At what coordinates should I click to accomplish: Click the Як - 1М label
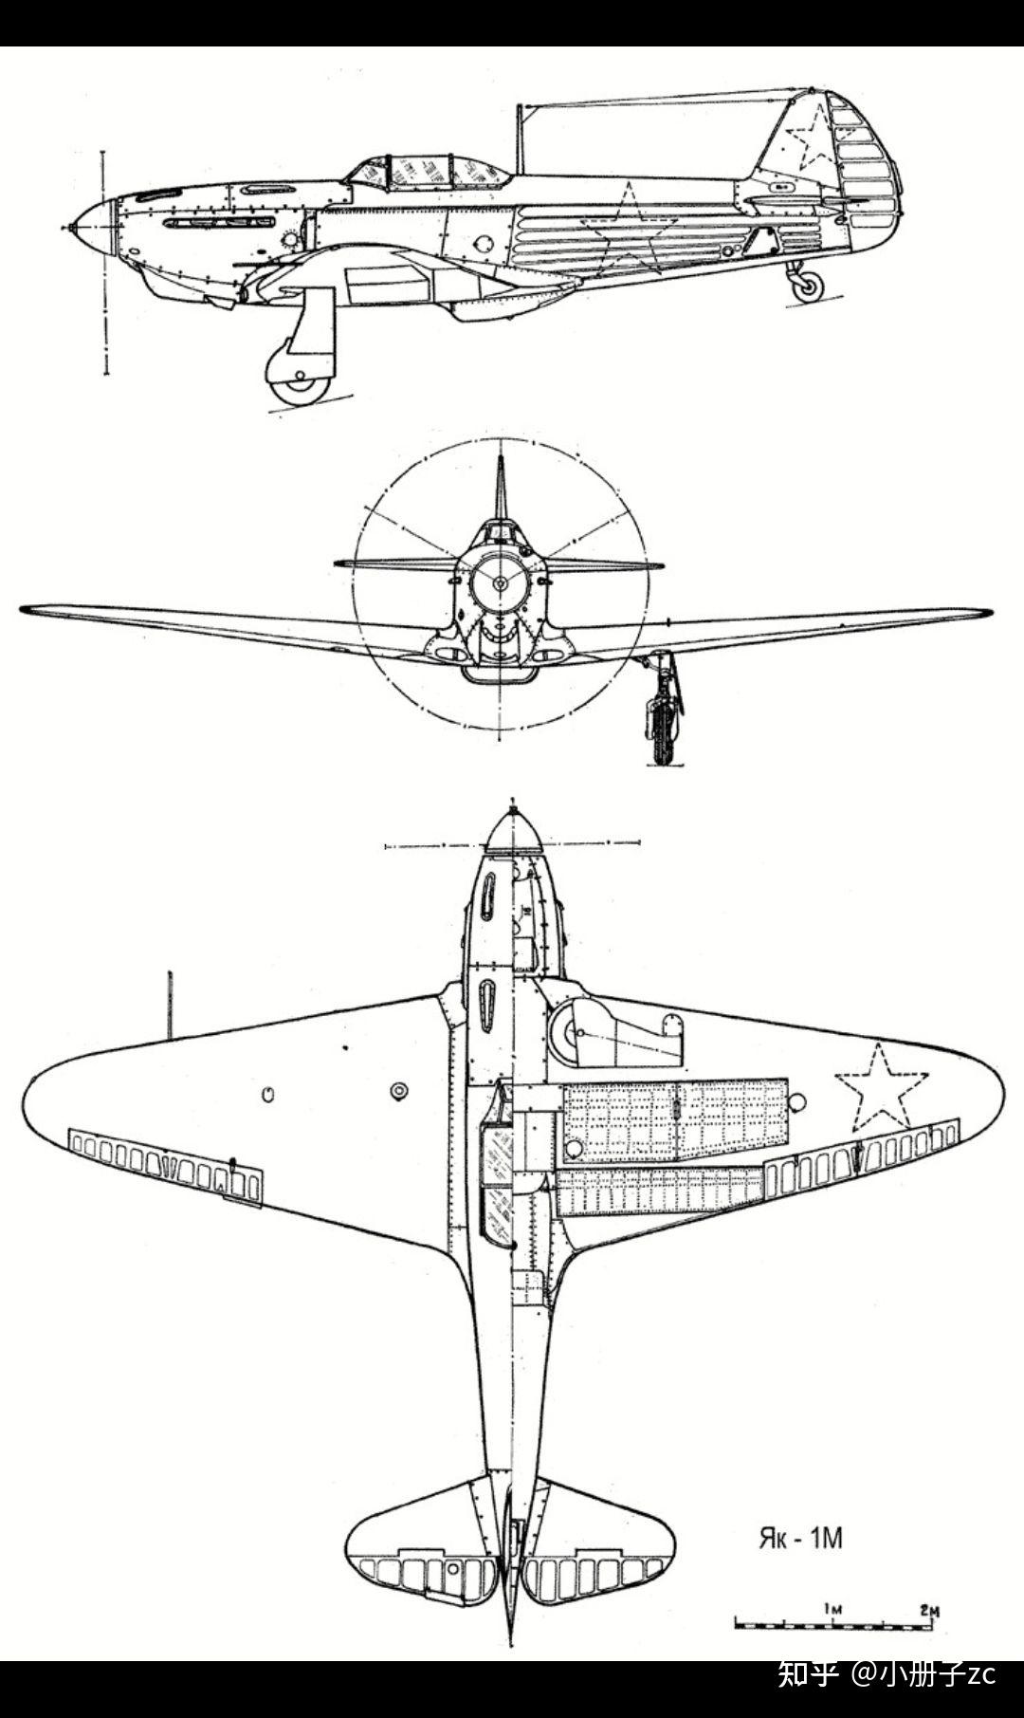pos(799,1538)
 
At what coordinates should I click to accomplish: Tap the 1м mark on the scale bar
pos(832,1610)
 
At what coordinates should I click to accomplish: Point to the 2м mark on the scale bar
pos(929,1610)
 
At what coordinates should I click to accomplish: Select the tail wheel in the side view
pos(807,286)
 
